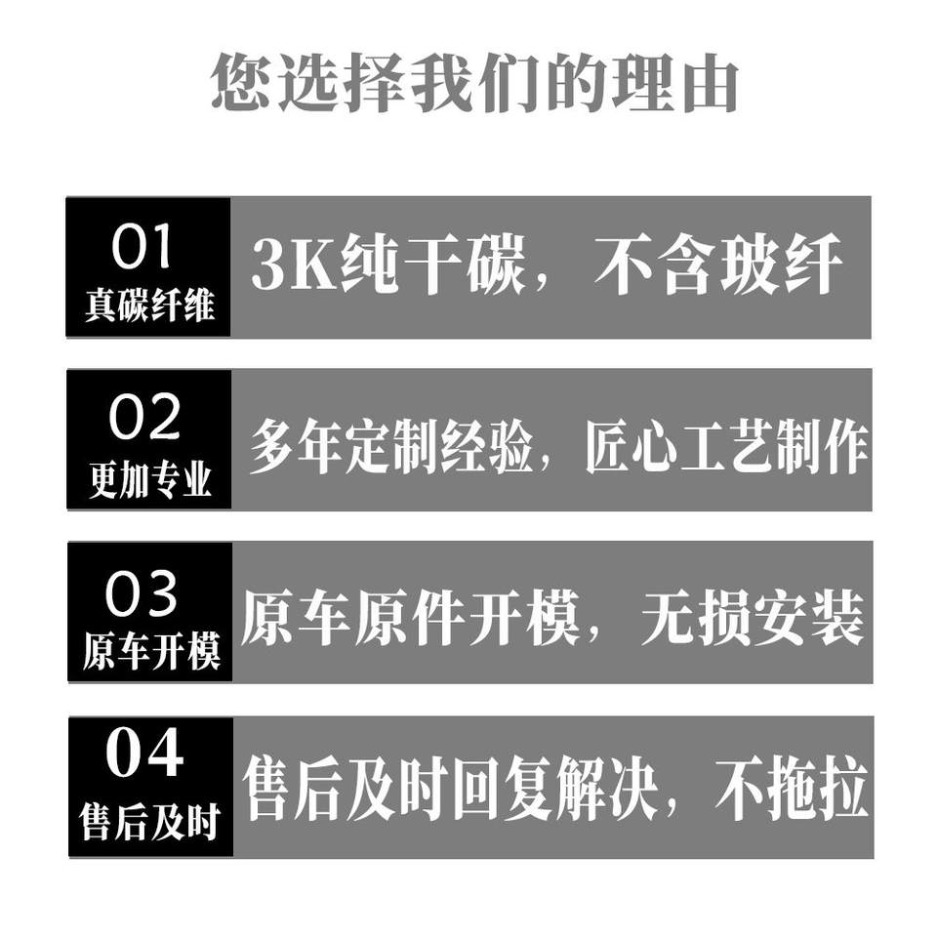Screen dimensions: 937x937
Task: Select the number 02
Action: coord(144,419)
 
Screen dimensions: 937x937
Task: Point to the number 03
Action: coord(143,594)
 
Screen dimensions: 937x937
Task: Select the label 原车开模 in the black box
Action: coord(150,652)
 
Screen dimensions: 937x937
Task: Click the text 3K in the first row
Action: coord(280,266)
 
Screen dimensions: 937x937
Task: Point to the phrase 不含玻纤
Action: coord(717,265)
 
